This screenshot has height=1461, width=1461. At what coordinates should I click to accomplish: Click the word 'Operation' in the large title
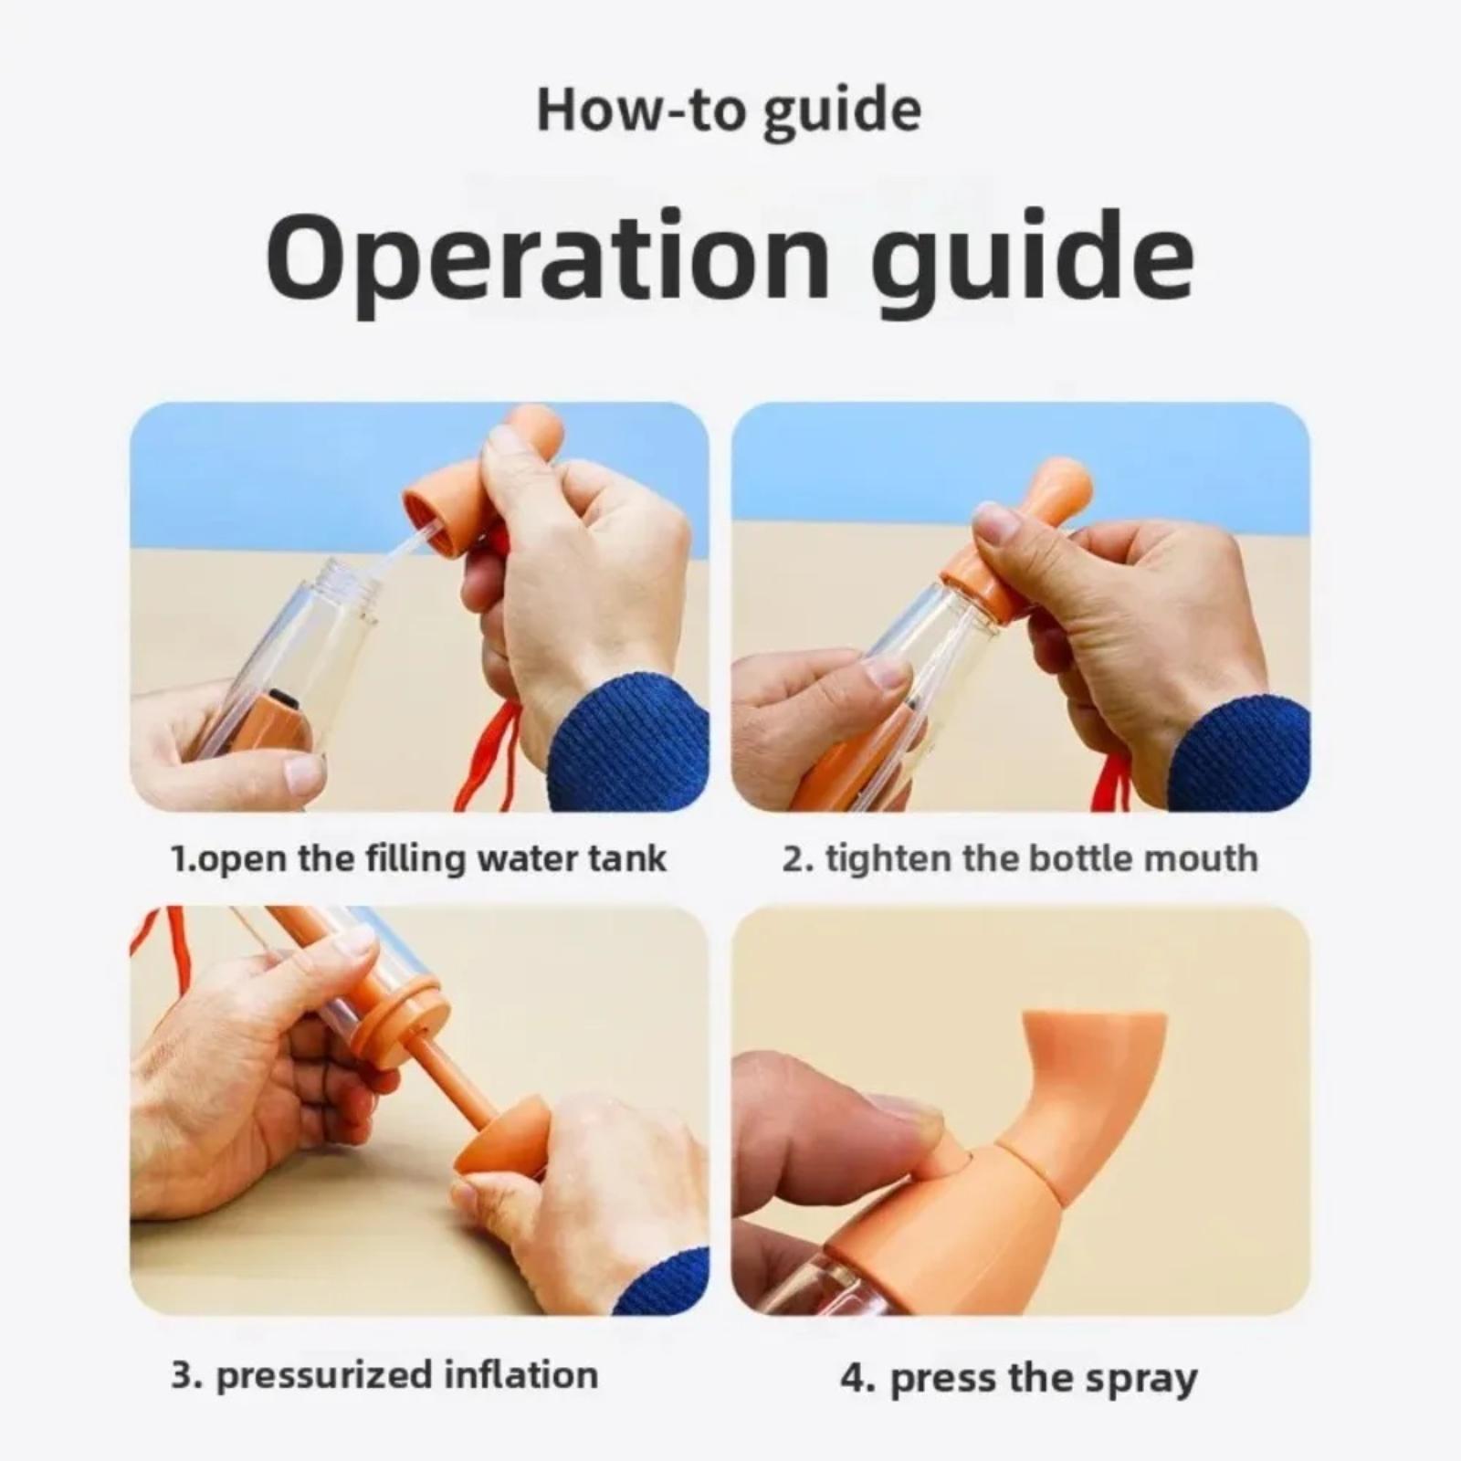pyautogui.click(x=546, y=258)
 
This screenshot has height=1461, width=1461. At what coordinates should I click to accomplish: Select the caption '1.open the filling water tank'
pyautogui.click(x=418, y=859)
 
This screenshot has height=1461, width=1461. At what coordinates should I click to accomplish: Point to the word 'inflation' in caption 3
pyautogui.click(x=520, y=1374)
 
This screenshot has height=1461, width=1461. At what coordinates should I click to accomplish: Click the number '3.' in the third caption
pyautogui.click(x=187, y=1374)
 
